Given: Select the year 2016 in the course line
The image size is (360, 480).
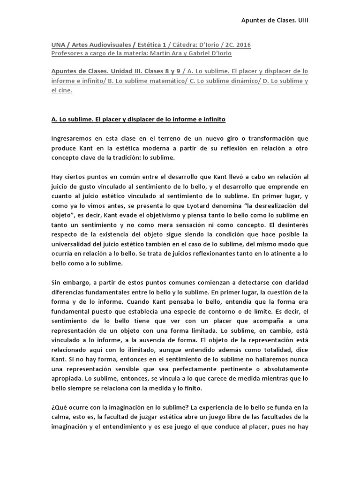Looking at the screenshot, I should (x=242, y=45).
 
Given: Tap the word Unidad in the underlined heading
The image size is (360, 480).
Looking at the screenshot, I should (x=113, y=71).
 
